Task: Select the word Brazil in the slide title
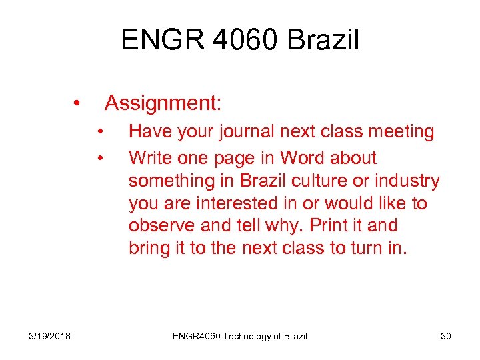click(323, 41)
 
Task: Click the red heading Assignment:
click(163, 103)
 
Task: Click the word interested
click(236, 203)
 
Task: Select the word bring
click(150, 249)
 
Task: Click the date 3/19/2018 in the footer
click(51, 336)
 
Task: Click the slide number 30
click(445, 336)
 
